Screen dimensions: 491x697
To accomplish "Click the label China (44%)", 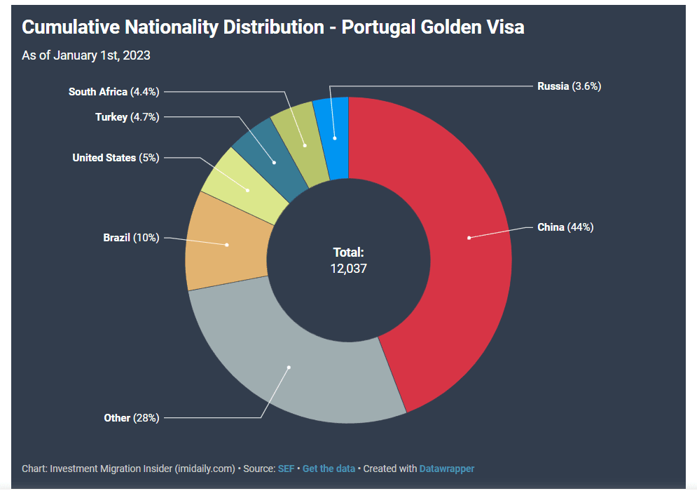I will (565, 227).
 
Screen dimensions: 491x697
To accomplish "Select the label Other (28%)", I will (132, 418).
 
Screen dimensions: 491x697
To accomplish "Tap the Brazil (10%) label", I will (131, 238).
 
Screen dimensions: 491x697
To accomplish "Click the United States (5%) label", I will (116, 158).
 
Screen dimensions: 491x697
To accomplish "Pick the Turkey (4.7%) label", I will (127, 117).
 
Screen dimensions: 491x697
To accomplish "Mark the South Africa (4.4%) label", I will (113, 92).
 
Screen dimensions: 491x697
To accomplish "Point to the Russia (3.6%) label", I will (569, 86).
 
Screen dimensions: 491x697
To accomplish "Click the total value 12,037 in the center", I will (348, 268).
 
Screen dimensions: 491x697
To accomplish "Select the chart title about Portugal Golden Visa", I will (273, 27).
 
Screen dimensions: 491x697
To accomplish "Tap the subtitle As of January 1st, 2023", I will (86, 55).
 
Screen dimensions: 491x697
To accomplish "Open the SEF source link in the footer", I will (286, 469).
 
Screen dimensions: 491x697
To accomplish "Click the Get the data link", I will (329, 469).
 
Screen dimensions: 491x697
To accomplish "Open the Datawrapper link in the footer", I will (446, 469).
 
